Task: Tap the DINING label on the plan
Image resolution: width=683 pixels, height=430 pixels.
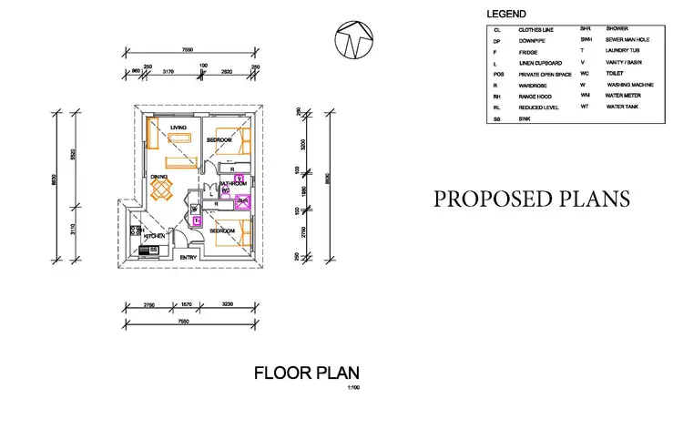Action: click(159, 177)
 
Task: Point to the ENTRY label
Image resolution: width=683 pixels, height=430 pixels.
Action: click(189, 257)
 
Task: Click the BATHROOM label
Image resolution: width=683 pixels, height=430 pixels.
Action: click(232, 183)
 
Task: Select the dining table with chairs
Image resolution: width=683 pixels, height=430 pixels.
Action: click(162, 189)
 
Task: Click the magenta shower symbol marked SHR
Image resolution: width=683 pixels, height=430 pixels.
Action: click(243, 203)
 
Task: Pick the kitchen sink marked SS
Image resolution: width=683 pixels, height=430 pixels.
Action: click(154, 249)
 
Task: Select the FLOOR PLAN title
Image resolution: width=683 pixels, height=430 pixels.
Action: click(306, 372)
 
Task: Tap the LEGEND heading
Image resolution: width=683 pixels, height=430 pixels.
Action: click(506, 15)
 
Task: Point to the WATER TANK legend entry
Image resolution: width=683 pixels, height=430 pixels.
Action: click(621, 107)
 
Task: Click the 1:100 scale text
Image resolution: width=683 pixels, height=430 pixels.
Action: click(353, 388)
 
